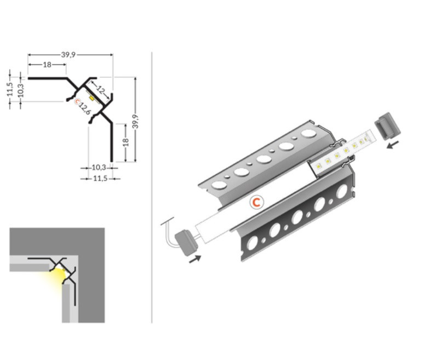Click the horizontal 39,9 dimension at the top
[x=68, y=54]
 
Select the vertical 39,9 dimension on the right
[x=136, y=121]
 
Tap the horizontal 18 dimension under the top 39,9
[x=47, y=65]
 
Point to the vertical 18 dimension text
[x=126, y=142]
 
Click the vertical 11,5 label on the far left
[x=10, y=89]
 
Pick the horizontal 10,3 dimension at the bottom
[x=99, y=168]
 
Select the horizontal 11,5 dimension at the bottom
[x=100, y=179]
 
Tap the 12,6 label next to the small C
[x=84, y=108]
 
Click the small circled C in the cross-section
[x=77, y=101]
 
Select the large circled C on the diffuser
[x=256, y=202]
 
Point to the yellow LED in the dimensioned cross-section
[x=92, y=98]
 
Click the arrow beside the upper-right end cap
[x=393, y=145]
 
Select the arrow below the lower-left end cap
[x=195, y=259]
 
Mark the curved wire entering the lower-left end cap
[x=169, y=232]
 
